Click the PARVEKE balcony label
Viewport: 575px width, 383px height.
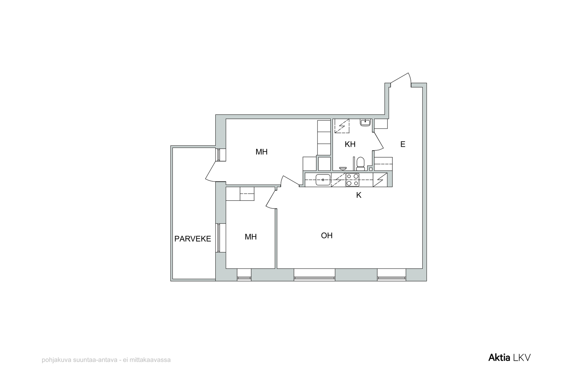coord(193,239)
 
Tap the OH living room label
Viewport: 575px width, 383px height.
coord(327,235)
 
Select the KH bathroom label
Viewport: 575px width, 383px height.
coord(350,144)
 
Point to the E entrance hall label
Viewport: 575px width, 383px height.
coord(403,144)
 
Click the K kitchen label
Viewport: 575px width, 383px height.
coord(359,195)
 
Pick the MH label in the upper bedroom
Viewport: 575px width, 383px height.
coord(261,152)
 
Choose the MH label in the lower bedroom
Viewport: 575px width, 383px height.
coord(250,237)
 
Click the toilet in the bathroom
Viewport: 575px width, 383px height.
coord(360,164)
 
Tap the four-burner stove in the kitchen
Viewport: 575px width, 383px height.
coord(352,180)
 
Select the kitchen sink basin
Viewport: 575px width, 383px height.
coord(323,180)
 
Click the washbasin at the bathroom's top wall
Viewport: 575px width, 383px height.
coord(365,122)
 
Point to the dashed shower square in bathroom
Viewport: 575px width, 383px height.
coord(342,126)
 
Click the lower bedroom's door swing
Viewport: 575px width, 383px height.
coord(271,199)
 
